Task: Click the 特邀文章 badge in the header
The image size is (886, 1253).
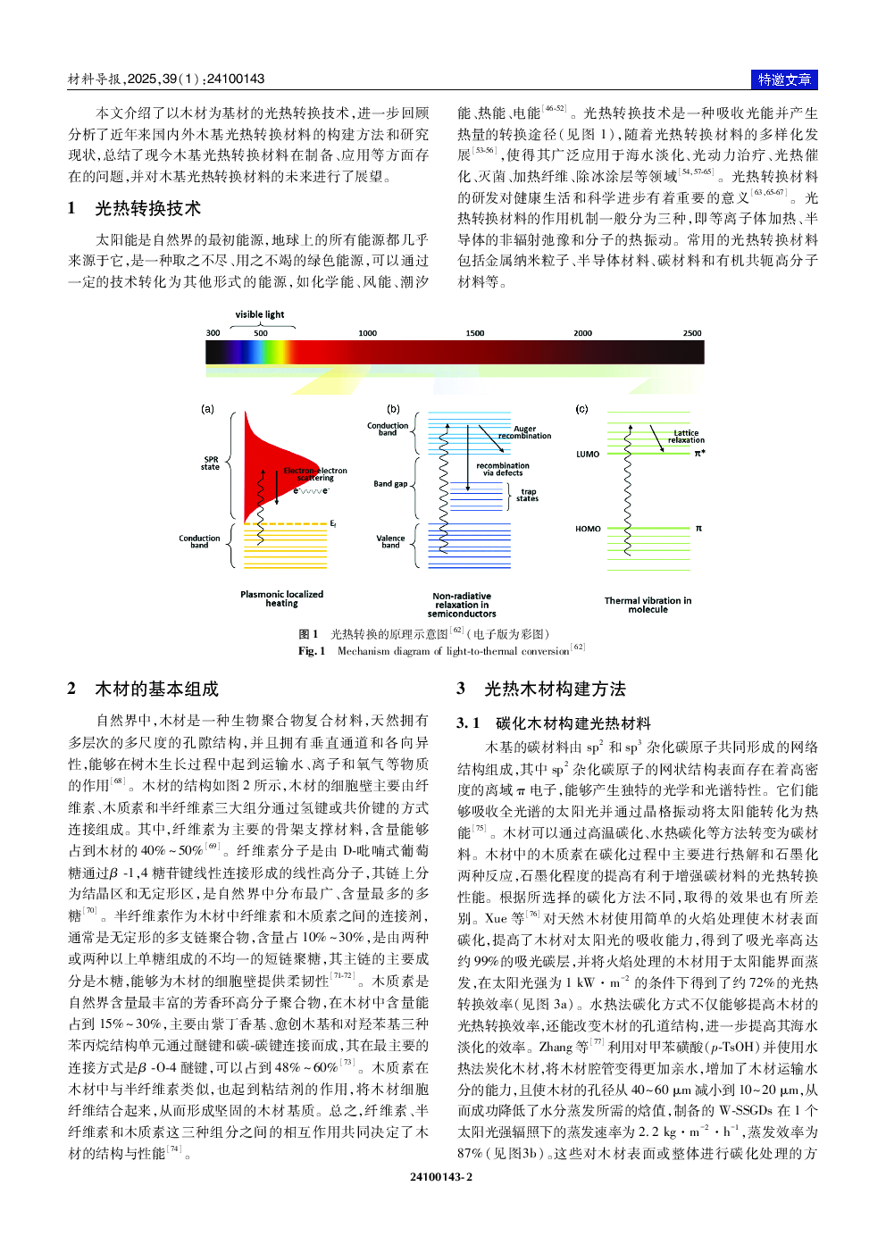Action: pyautogui.click(x=784, y=79)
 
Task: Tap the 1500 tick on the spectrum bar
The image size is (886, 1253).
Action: pyautogui.click(x=475, y=333)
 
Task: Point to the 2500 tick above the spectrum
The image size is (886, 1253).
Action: pyautogui.click(x=692, y=333)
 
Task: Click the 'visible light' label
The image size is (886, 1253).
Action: pyautogui.click(x=260, y=314)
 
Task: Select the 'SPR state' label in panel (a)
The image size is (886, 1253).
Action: pyautogui.click(x=210, y=464)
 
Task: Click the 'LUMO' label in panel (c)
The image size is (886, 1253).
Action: pyautogui.click(x=588, y=454)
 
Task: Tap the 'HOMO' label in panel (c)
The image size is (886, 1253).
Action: pyautogui.click(x=588, y=529)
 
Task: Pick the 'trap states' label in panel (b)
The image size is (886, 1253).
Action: pyautogui.click(x=528, y=495)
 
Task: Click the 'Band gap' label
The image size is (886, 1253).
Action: pyautogui.click(x=390, y=484)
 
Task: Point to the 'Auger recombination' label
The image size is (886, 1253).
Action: pyautogui.click(x=525, y=432)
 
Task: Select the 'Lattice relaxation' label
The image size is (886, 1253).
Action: pyautogui.click(x=686, y=437)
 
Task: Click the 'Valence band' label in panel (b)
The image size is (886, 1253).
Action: pyautogui.click(x=390, y=541)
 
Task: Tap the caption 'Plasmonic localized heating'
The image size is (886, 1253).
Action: pyautogui.click(x=281, y=598)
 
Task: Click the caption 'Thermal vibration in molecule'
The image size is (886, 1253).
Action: pyautogui.click(x=648, y=605)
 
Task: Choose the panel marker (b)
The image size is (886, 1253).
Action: pyautogui.click(x=394, y=409)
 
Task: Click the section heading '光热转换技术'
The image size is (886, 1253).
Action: pyautogui.click(x=147, y=209)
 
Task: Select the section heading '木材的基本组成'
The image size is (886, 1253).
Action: pyautogui.click(x=156, y=689)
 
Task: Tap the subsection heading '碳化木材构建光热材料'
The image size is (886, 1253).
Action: pyautogui.click(x=573, y=723)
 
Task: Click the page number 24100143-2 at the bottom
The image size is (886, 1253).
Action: pyautogui.click(x=441, y=1177)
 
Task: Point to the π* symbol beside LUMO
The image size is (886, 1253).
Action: pyautogui.click(x=699, y=454)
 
